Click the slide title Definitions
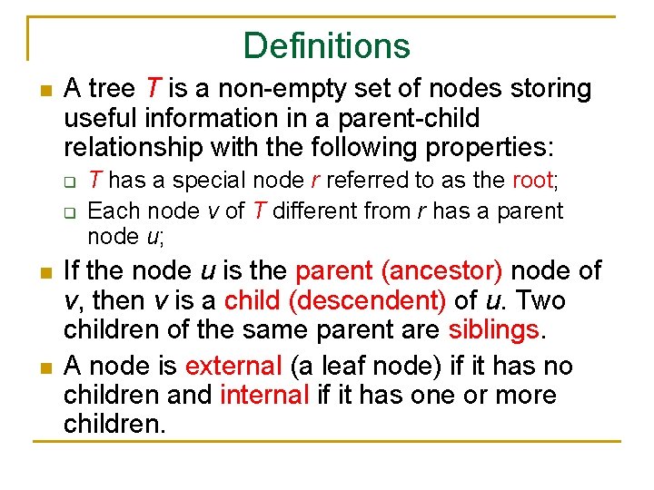point(327,45)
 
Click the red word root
point(532,181)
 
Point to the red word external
point(233,366)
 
